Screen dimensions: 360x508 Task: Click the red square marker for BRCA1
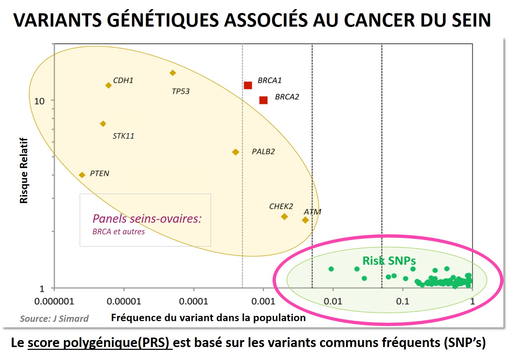coord(248,85)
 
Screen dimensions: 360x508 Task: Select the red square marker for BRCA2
coord(263,100)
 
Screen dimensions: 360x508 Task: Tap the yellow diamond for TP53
coord(172,73)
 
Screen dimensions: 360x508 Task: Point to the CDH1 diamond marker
coord(108,85)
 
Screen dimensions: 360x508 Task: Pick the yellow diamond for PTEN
coord(82,175)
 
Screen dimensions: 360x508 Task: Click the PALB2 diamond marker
coord(235,152)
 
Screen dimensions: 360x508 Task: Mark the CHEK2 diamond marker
coord(284,217)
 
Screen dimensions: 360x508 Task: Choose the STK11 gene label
coord(123,136)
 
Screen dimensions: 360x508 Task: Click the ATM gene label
coord(312,212)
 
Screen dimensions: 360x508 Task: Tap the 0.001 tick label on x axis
coord(263,301)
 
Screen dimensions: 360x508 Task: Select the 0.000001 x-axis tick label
coord(54,301)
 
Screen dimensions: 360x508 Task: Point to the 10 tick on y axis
coord(39,101)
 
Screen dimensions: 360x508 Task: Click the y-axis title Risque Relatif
coord(23,171)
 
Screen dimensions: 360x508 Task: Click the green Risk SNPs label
coord(389,261)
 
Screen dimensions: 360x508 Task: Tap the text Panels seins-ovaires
coord(147,219)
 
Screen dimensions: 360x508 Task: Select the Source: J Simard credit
coord(54,318)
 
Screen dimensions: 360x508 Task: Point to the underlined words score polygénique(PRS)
coord(100,342)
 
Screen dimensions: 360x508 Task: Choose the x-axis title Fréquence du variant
coord(208,318)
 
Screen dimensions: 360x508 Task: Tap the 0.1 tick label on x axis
coord(402,301)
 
